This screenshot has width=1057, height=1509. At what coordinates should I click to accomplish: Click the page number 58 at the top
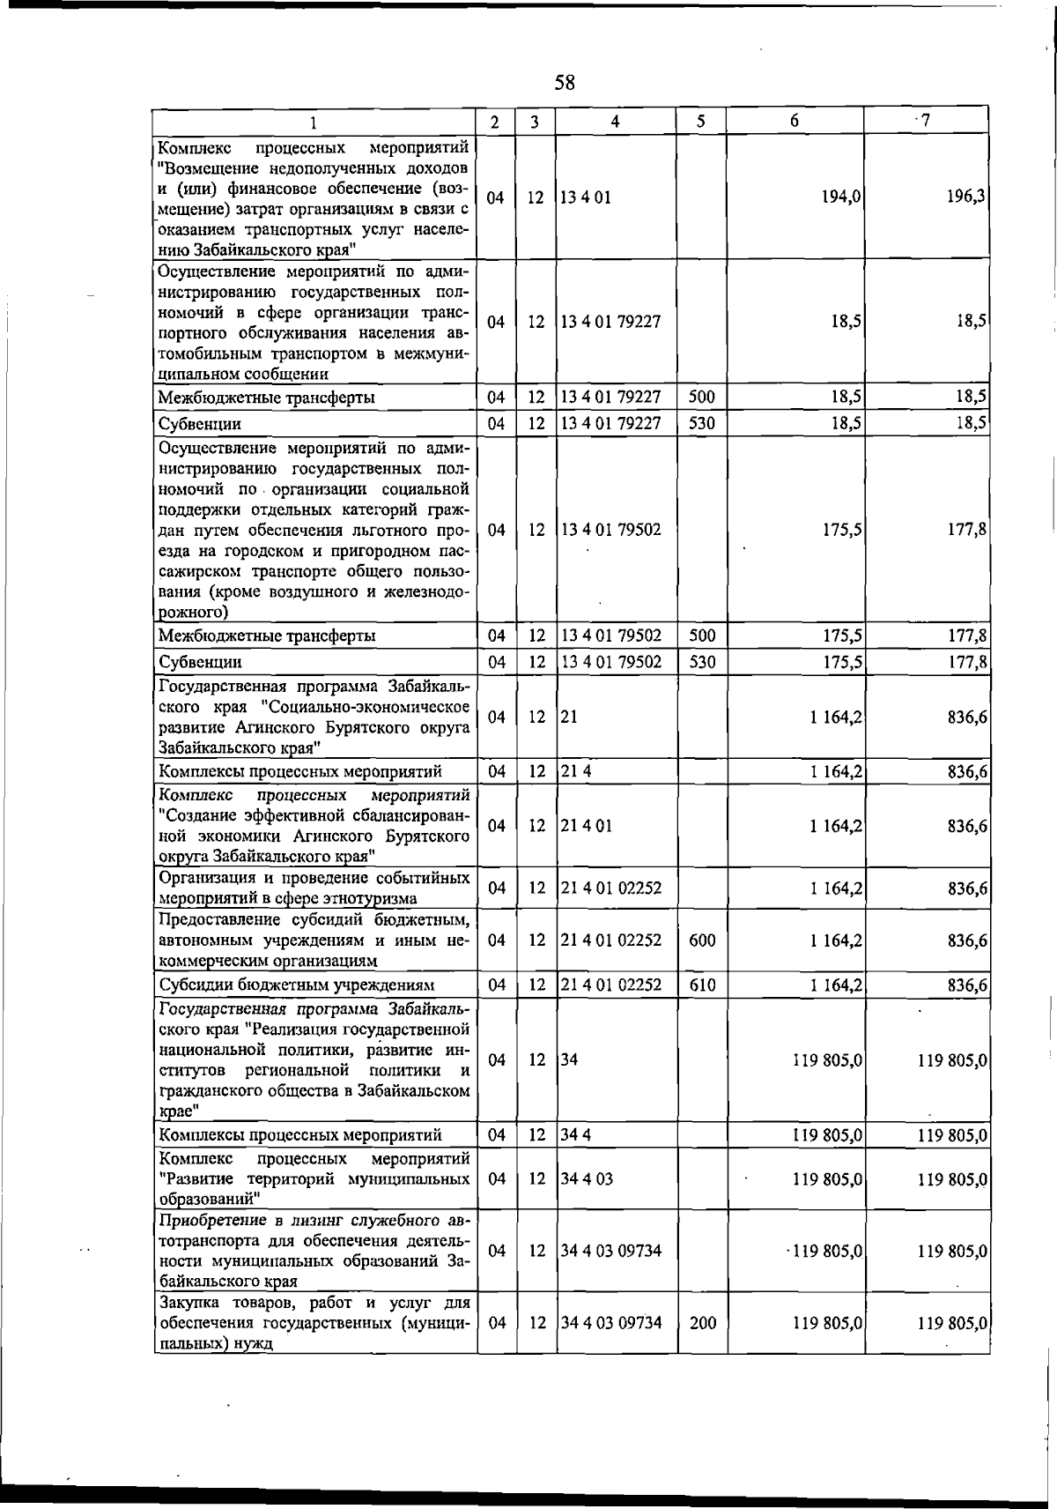click(x=565, y=83)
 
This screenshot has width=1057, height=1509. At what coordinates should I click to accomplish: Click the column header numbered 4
click(x=615, y=122)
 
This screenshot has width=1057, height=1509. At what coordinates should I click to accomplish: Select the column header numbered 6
click(x=795, y=121)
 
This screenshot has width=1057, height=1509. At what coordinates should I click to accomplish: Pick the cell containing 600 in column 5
click(x=702, y=940)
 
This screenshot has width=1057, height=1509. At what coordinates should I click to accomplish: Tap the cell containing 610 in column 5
click(x=702, y=985)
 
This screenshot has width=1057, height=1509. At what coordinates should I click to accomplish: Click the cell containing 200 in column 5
click(x=702, y=1323)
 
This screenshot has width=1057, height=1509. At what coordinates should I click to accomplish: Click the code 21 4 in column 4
click(x=575, y=772)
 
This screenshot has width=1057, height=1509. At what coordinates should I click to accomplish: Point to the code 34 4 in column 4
click(x=575, y=1135)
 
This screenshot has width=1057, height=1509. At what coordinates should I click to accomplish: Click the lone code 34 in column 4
click(x=569, y=1060)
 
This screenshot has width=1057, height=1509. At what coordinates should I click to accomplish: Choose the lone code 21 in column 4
click(x=569, y=717)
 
